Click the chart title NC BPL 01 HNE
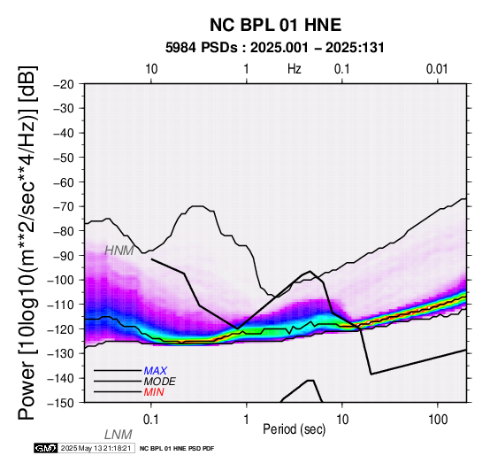pyautogui.click(x=275, y=25)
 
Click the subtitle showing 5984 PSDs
pyautogui.click(x=275, y=48)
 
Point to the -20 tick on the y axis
pyautogui.click(x=64, y=84)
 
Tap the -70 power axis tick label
pyautogui.click(x=64, y=206)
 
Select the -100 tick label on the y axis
pyautogui.click(x=61, y=280)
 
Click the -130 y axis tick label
pyautogui.click(x=61, y=353)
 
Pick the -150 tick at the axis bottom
pyautogui.click(x=61, y=403)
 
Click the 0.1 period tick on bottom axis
pyautogui.click(x=151, y=420)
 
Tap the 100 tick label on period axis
pyautogui.click(x=438, y=420)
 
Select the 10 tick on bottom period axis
pyautogui.click(x=342, y=420)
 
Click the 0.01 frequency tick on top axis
pyautogui.click(x=437, y=69)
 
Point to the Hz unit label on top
pyautogui.click(x=295, y=69)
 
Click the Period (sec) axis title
pyautogui.click(x=294, y=429)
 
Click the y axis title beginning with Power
pyautogui.click(x=27, y=243)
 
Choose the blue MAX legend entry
pyautogui.click(x=156, y=371)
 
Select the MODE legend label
pyautogui.click(x=160, y=382)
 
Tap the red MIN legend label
pyautogui.click(x=154, y=392)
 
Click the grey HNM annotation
pyautogui.click(x=119, y=251)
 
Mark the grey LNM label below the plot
pyautogui.click(x=119, y=435)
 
